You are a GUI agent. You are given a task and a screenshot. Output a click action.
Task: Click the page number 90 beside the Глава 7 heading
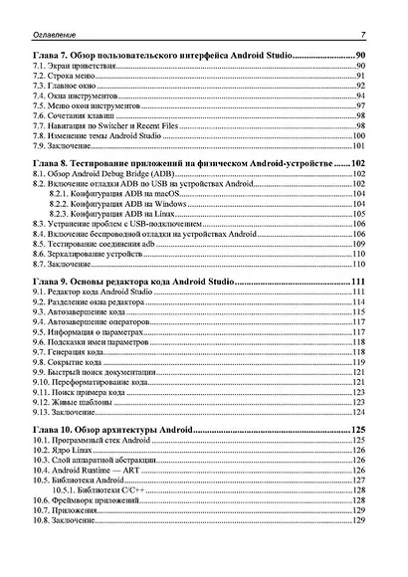click(360, 54)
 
